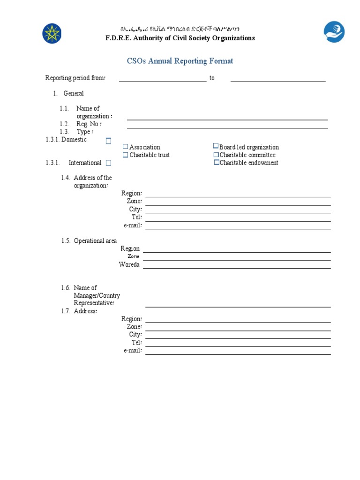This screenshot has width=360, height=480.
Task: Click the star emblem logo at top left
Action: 52,33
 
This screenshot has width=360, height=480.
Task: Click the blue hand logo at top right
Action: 334,32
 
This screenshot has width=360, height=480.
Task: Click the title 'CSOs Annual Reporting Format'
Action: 180,61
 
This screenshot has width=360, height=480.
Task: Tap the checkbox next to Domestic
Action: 108,141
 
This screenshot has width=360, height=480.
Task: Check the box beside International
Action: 108,163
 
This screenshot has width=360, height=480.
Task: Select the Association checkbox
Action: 125,147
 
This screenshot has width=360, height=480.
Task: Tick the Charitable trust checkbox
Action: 125,155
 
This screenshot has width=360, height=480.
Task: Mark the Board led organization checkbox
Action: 216,146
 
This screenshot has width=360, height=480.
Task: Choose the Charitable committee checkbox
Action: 216,155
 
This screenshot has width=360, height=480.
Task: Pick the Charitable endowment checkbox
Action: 217,163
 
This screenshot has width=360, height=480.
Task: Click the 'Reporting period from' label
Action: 75,78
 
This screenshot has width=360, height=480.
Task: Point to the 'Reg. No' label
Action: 89,124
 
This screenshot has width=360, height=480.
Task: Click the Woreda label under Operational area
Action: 129,265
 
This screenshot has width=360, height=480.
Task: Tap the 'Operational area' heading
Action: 95,241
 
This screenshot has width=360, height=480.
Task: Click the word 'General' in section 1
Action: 74,93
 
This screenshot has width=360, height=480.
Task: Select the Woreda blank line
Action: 237,267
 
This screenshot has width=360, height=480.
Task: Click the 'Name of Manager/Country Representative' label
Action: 96,295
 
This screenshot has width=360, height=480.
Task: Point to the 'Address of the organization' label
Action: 92,181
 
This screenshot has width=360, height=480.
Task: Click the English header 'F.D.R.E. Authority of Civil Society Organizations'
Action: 180,38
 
